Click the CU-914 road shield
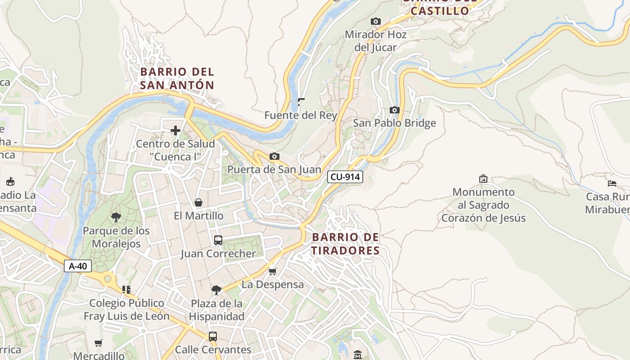pos(345,177)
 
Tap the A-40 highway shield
pos(78,266)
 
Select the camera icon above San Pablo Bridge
pos(394,110)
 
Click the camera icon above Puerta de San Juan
pos(274,156)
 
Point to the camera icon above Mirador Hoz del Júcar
pos(375,21)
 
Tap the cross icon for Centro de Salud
pos(175,130)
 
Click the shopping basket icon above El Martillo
pos(198,202)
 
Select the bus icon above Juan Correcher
pos(218,240)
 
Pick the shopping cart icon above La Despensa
pos(272,271)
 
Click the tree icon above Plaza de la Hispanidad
pos(216,290)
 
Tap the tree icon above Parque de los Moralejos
pos(116,218)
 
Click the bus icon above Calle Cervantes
pos(213,336)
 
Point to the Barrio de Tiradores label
pos(346,243)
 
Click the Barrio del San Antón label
pos(177,78)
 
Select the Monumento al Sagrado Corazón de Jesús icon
pos(483,179)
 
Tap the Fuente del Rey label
pos(301,115)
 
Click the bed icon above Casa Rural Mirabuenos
pos(612,183)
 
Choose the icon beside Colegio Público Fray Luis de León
pos(126,289)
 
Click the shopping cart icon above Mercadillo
pos(99,343)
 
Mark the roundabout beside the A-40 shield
pos(107,279)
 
